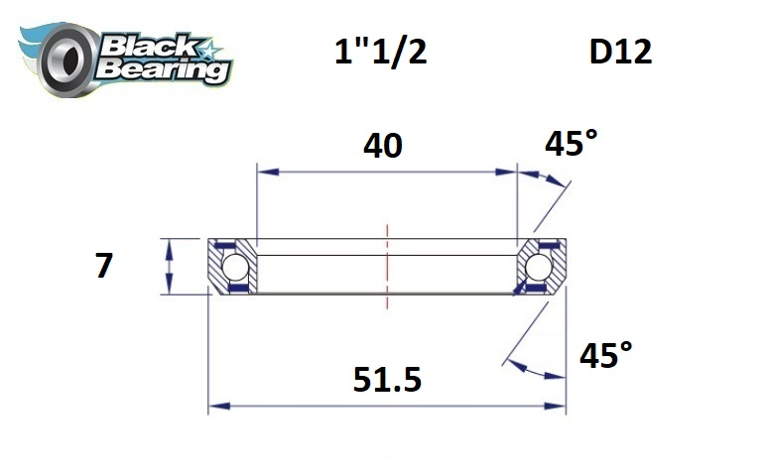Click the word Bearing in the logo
coord(164,69)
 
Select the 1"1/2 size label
coord(380,52)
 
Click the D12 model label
coord(620,52)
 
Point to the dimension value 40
coord(382,146)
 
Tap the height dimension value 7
coord(104,266)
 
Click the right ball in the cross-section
coord(539,267)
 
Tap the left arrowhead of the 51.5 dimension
coord(215,406)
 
